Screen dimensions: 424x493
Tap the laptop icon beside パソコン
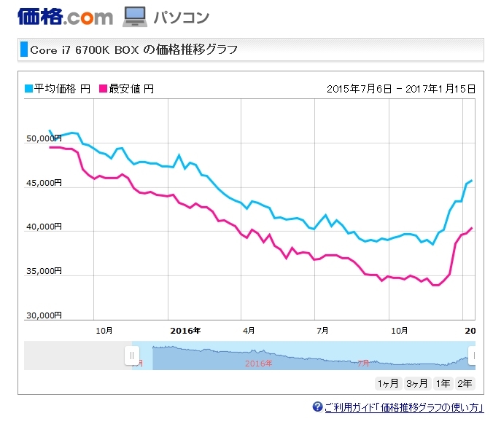[136, 15]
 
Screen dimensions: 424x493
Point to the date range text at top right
[401, 89]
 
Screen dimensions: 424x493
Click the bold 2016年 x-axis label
[185, 330]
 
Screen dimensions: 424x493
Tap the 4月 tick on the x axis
[249, 330]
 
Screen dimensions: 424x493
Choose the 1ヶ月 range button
[388, 383]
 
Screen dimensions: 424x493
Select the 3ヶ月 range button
[416, 383]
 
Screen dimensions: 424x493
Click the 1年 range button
[443, 383]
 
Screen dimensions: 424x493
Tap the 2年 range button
[465, 383]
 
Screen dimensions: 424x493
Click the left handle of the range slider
[132, 356]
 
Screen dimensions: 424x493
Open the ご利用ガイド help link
[403, 407]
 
